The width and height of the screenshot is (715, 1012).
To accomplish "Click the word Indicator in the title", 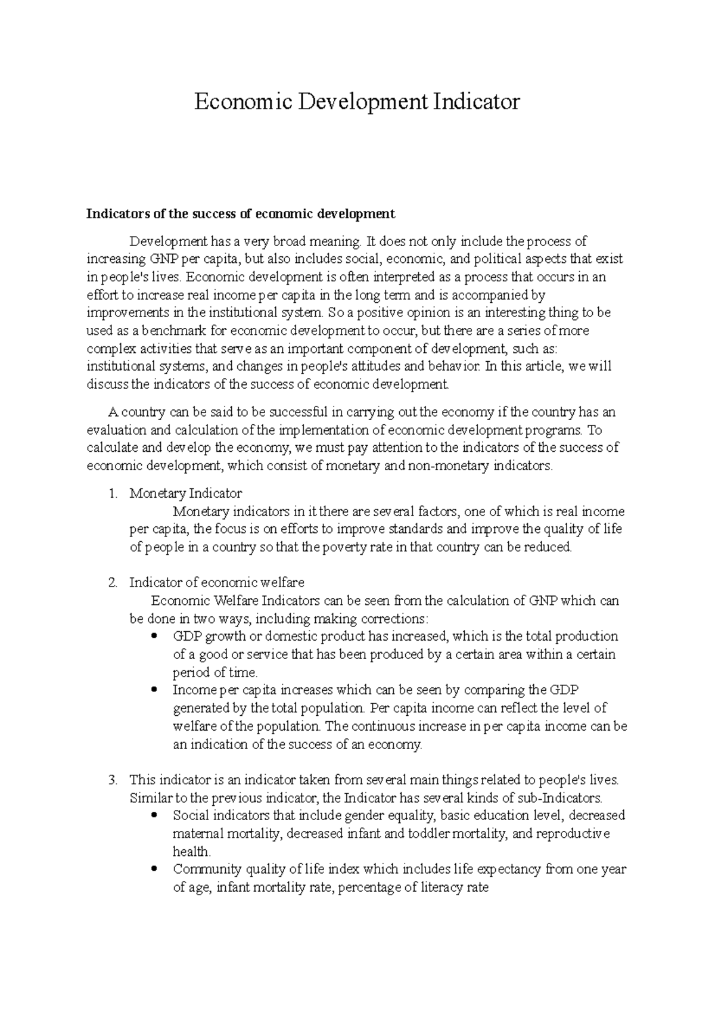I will click(x=476, y=102).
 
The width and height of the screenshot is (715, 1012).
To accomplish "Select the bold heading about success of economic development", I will click(x=241, y=213).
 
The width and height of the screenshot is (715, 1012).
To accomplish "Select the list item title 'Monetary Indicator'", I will click(x=185, y=493).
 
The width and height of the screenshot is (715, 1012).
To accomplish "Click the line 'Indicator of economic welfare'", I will click(x=217, y=582).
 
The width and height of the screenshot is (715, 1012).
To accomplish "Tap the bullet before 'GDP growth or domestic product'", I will click(x=155, y=636).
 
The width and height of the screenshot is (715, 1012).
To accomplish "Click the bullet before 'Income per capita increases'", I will click(x=155, y=690).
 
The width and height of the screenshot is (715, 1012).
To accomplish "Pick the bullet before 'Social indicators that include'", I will click(x=155, y=815).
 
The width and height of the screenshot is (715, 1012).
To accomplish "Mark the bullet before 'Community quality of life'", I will click(x=155, y=868).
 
